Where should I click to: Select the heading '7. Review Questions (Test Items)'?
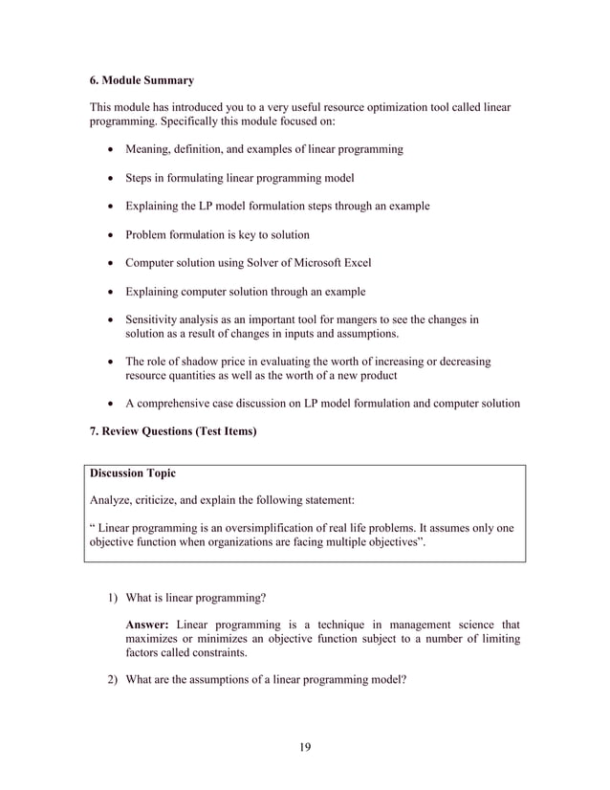(173, 431)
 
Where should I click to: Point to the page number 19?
(305, 747)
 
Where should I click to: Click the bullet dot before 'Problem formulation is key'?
(115, 235)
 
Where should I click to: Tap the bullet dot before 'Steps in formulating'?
(115, 179)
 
